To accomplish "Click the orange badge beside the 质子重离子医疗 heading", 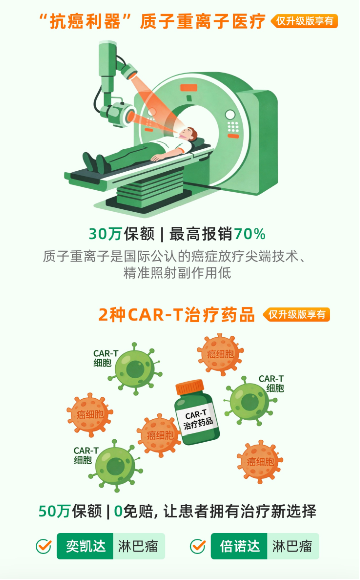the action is click(x=304, y=21).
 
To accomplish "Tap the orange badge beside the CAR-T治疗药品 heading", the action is click(x=296, y=315).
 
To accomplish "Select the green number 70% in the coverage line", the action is click(x=250, y=234).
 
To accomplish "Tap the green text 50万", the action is click(x=54, y=511).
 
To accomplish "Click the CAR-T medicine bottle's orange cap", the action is click(x=190, y=387).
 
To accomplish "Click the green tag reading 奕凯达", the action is click(x=85, y=546).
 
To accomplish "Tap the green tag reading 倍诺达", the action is click(x=239, y=546).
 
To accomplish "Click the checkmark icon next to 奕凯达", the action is click(x=44, y=546).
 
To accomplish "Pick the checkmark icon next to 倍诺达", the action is click(x=198, y=546).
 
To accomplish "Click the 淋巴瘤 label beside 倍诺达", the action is click(x=293, y=546).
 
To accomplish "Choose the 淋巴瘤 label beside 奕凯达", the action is click(x=138, y=546).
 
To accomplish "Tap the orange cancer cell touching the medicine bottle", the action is click(x=159, y=435).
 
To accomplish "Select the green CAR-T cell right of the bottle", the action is click(x=250, y=402).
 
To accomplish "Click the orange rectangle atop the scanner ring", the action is click(x=189, y=88).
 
